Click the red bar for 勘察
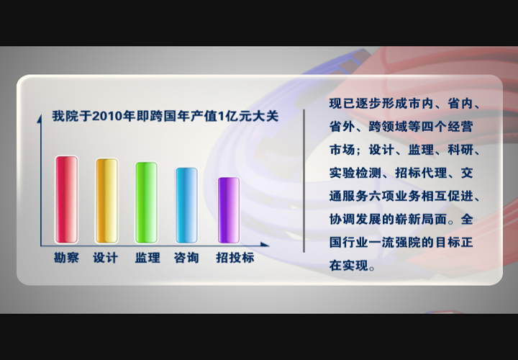click(x=66, y=199)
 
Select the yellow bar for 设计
click(x=106, y=201)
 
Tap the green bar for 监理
click(x=146, y=202)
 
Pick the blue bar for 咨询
click(x=186, y=205)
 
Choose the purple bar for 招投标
click(x=229, y=210)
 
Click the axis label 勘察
click(x=66, y=258)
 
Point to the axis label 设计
click(x=105, y=258)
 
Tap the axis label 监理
click(x=147, y=258)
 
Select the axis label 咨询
click(x=186, y=258)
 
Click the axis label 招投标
click(x=235, y=258)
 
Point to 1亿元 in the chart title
click(x=235, y=117)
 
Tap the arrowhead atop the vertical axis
click(x=40, y=118)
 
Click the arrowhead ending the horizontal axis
click(x=265, y=245)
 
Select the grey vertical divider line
click(x=304, y=181)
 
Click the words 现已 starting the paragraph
click(x=342, y=104)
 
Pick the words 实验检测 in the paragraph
click(x=355, y=173)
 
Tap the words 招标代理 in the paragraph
click(x=421, y=173)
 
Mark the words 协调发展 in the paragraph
click(x=355, y=219)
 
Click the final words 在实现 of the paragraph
click(x=348, y=266)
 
